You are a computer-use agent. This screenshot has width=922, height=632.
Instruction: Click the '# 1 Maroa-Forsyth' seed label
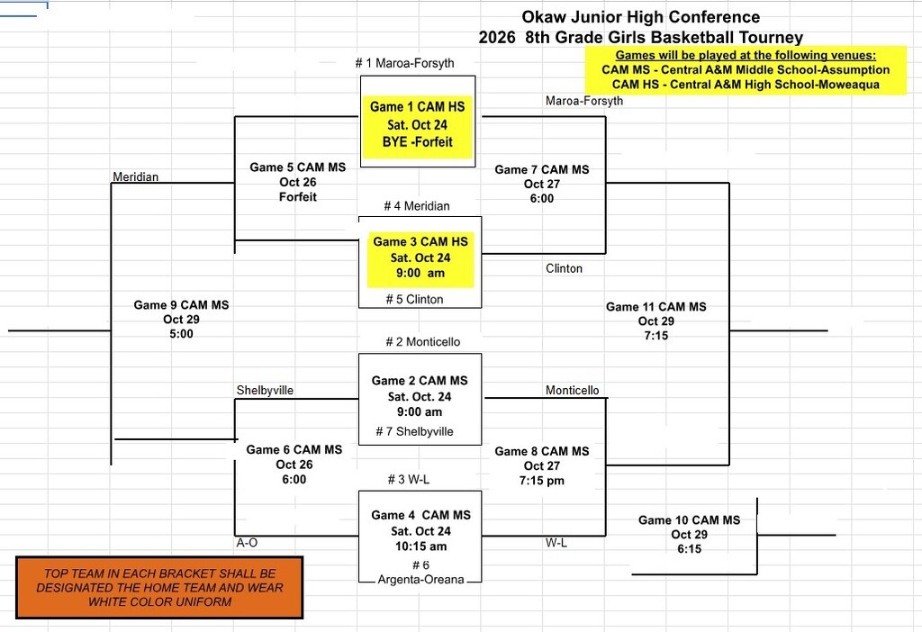point(404,63)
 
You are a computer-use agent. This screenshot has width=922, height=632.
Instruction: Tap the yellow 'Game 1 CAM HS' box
point(418,127)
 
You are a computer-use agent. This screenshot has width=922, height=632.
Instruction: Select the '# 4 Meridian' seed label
point(416,206)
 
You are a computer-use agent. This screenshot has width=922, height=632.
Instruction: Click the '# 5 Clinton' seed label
point(414,299)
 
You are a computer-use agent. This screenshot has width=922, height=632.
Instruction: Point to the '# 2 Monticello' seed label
point(423,341)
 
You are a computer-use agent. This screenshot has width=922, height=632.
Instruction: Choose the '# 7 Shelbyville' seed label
point(414,431)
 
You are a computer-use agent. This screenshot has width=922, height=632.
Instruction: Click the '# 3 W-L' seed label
point(409,479)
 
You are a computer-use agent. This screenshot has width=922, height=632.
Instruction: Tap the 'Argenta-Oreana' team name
point(421,580)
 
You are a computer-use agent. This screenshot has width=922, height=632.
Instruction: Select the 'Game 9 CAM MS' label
point(181,304)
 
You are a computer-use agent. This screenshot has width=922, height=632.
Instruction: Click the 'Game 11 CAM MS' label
point(656,306)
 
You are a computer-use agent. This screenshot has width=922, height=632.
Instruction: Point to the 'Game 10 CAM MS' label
point(689,519)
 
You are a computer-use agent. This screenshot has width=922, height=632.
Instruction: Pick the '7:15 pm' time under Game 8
point(541,481)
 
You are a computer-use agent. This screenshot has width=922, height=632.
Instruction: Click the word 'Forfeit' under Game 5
point(297,197)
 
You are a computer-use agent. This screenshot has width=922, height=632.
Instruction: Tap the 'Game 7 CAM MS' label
point(541,169)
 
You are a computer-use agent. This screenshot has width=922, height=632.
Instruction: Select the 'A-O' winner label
point(247,543)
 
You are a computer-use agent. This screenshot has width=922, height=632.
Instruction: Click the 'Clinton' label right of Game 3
point(564,268)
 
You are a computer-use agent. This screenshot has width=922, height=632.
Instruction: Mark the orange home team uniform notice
point(159,587)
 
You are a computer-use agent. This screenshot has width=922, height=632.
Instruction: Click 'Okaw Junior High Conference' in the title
point(641,16)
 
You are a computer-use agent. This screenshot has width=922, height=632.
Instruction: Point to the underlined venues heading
point(746,55)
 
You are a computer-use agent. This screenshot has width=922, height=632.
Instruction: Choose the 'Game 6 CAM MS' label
point(294,449)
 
